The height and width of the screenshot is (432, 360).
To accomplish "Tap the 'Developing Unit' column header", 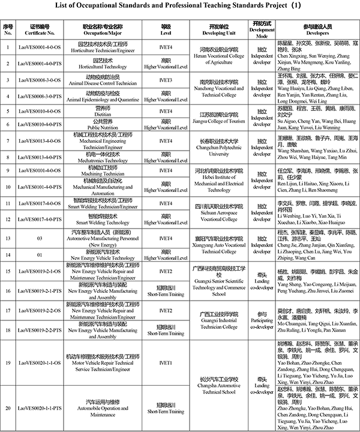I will [215, 31].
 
